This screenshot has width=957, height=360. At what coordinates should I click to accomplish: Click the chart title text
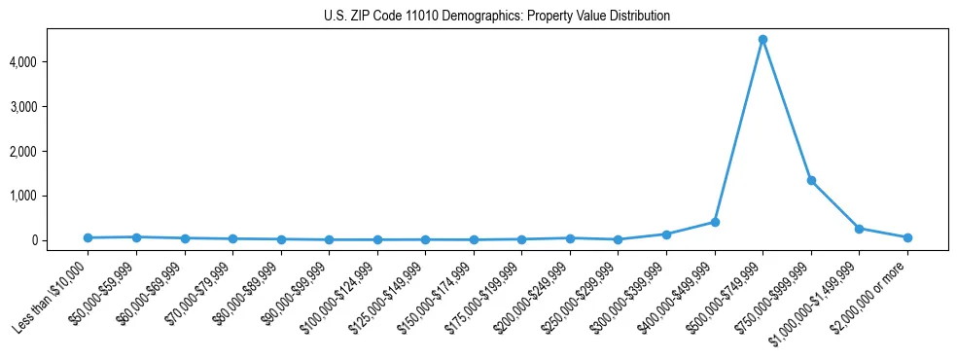point(497,17)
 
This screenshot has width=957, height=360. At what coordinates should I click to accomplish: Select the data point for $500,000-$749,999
point(762,40)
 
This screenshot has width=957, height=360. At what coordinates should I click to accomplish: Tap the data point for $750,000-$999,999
point(811,181)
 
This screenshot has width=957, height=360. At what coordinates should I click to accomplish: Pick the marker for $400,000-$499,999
point(715,222)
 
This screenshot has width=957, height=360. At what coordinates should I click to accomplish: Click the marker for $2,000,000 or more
point(907,237)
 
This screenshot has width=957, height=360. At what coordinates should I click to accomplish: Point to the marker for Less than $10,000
point(88,237)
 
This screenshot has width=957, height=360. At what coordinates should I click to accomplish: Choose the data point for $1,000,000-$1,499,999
point(859,229)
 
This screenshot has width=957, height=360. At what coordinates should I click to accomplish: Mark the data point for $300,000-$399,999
point(666,234)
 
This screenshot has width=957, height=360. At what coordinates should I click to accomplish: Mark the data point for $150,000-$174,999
point(474,239)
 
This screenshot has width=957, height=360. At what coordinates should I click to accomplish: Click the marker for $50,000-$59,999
point(136,236)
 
